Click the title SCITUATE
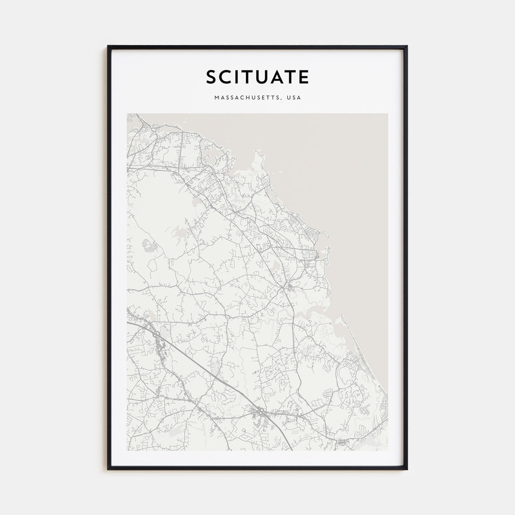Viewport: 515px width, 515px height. pyautogui.click(x=257, y=76)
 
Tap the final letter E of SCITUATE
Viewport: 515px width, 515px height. pyautogui.click(x=304, y=76)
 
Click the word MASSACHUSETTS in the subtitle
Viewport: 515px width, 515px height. pyautogui.click(x=247, y=98)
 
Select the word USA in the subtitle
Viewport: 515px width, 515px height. pyautogui.click(x=293, y=98)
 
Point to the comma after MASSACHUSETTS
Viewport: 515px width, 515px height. pyautogui.click(x=281, y=100)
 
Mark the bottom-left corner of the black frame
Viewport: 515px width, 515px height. pyautogui.click(x=109, y=469)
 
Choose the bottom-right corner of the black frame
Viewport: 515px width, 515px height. pyautogui.click(x=406, y=469)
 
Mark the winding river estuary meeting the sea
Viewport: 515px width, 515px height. pyautogui.click(x=320, y=309)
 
